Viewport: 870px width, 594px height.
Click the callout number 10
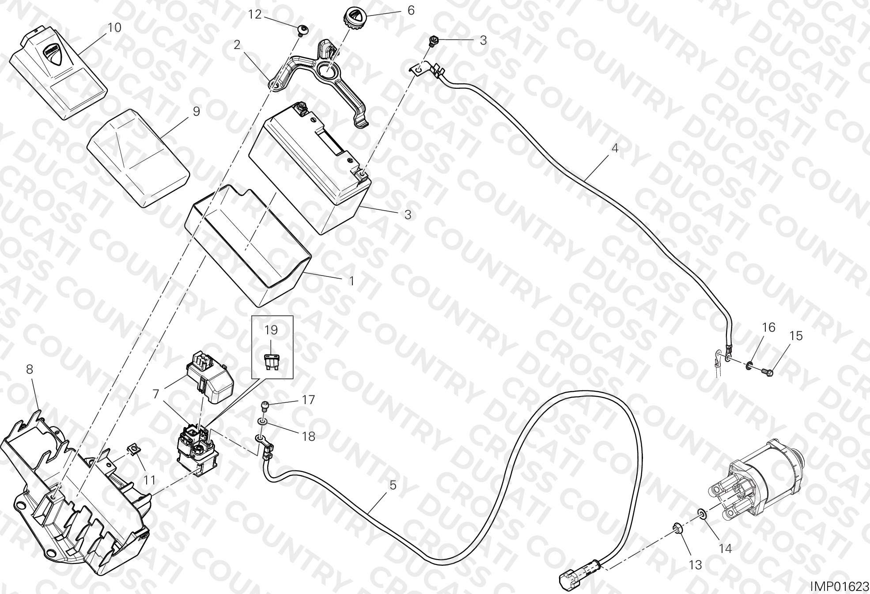(x=114, y=27)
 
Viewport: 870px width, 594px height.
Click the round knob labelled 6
(x=353, y=18)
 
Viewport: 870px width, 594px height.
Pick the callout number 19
(x=271, y=329)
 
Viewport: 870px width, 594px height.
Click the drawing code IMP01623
(x=840, y=586)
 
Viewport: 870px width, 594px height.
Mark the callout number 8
(x=30, y=369)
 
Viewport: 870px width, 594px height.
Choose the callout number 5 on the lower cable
(x=393, y=485)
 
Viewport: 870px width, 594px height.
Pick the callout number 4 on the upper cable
(x=615, y=148)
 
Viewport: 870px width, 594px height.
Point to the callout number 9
(x=196, y=111)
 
